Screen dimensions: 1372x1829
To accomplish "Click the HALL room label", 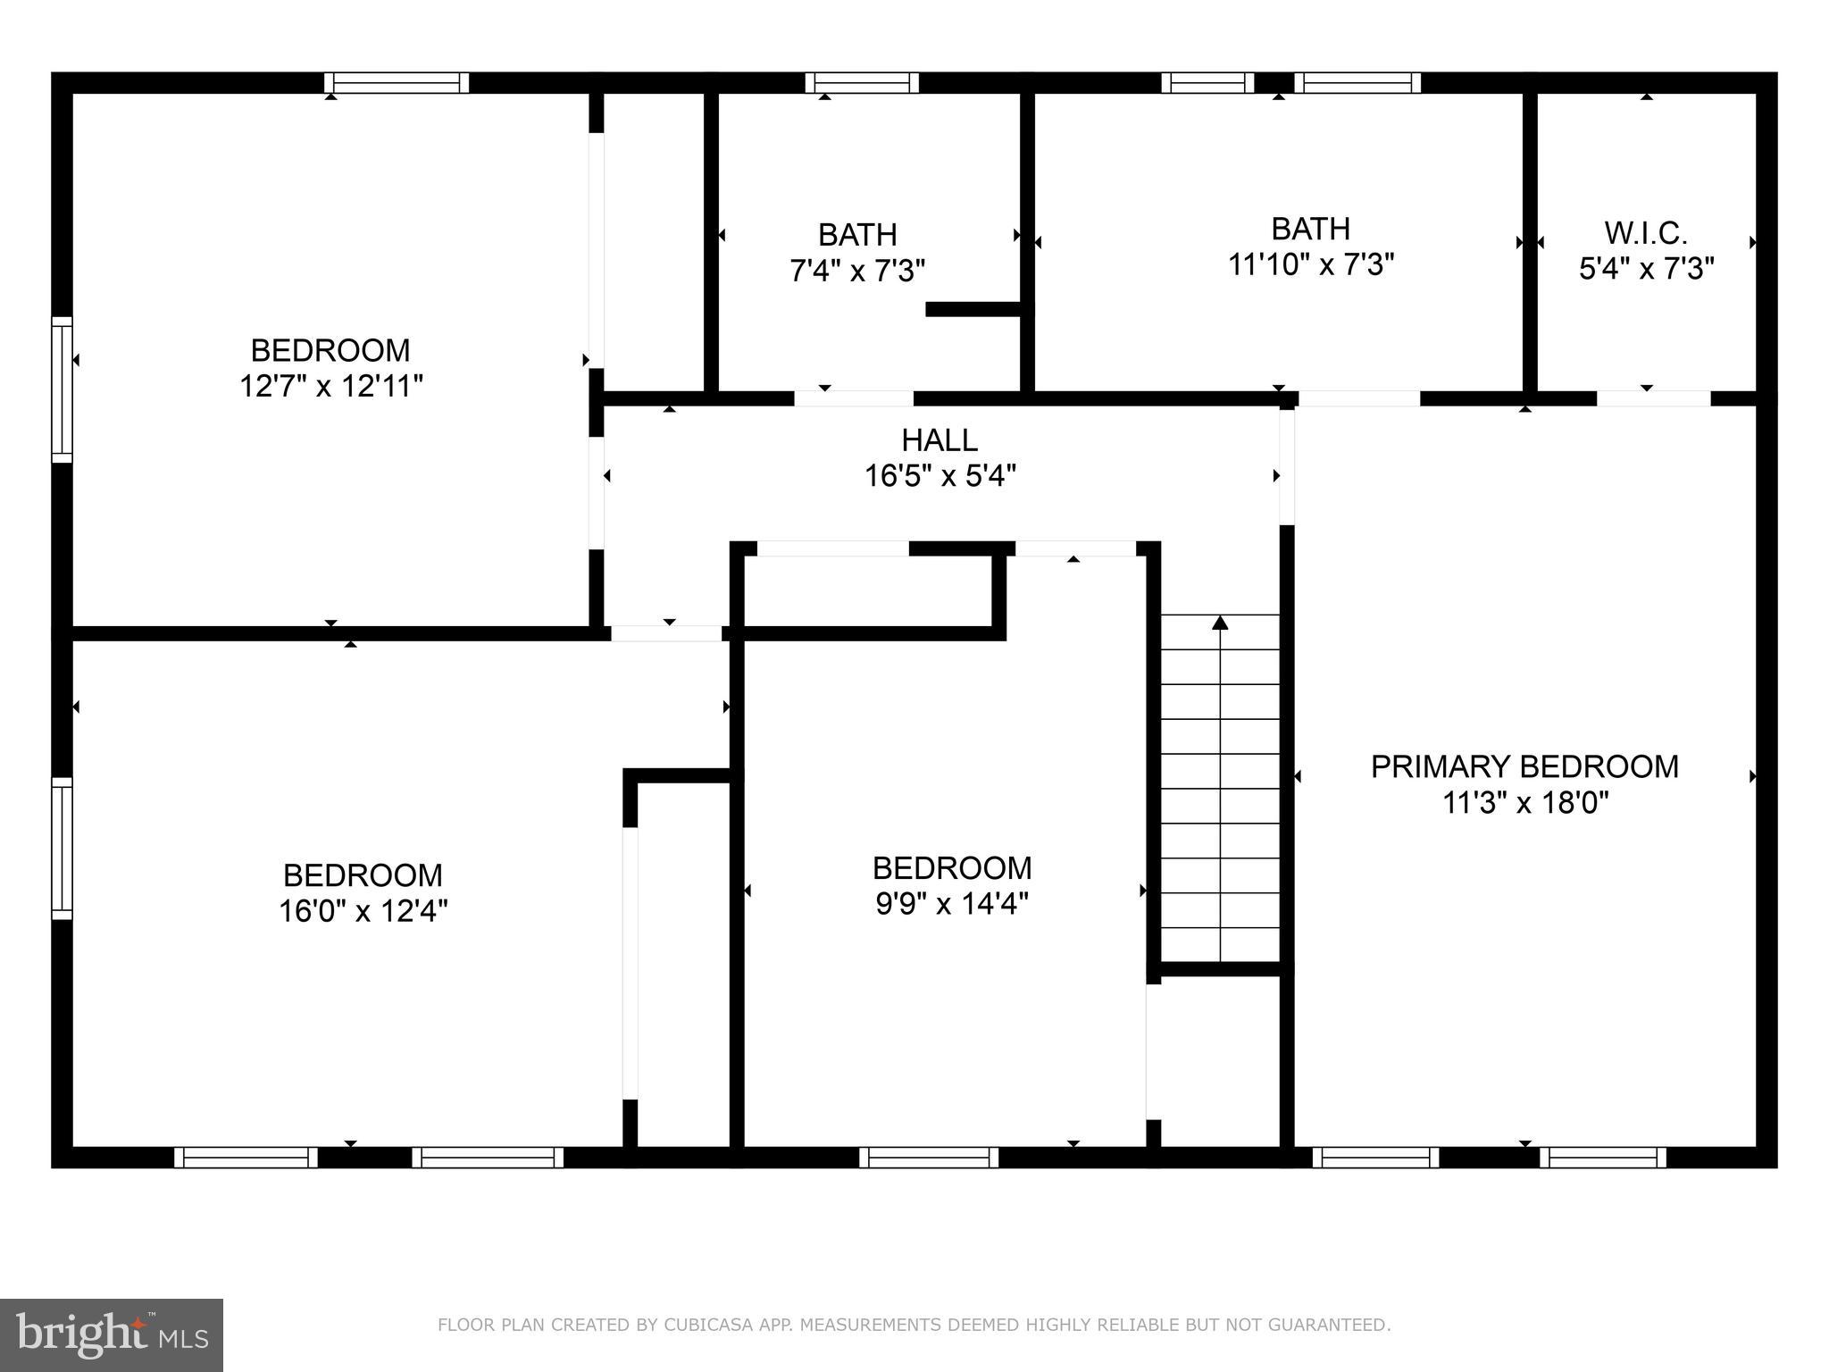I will click(x=940, y=440).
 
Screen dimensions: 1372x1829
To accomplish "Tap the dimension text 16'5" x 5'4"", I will click(x=940, y=476).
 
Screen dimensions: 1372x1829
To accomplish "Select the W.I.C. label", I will click(x=1646, y=233).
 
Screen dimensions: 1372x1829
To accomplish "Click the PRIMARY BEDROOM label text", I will click(x=1524, y=766).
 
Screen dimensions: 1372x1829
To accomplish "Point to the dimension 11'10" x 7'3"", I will click(x=1310, y=265).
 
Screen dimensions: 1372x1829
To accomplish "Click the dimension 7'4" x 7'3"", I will click(x=857, y=271).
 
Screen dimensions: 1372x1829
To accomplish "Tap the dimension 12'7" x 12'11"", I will click(x=330, y=386).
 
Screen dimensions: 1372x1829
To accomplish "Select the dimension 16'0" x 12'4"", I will click(x=363, y=911).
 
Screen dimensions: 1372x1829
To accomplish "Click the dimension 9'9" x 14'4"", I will click(x=952, y=905).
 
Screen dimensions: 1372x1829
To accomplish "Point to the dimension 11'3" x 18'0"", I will click(x=1524, y=803).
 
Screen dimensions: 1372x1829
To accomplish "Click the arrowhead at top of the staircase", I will click(x=1220, y=623).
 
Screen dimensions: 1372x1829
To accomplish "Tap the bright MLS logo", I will click(x=112, y=1334).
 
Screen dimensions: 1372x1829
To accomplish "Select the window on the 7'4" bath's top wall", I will click(x=862, y=83).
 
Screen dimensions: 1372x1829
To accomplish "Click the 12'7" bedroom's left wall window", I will click(x=62, y=389).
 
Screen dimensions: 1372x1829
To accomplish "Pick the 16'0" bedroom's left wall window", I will click(x=62, y=849).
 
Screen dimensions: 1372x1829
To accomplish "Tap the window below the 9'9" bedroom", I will click(x=929, y=1158).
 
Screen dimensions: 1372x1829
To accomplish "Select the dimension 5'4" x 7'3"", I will click(x=1646, y=269).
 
